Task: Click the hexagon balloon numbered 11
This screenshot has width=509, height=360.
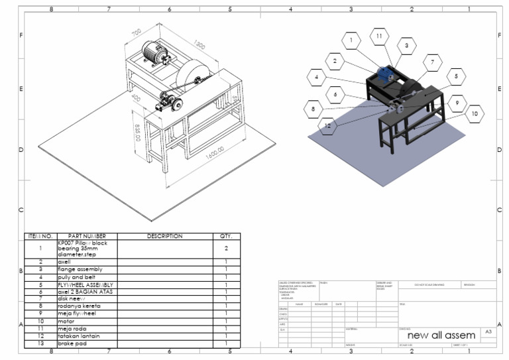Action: (378, 36)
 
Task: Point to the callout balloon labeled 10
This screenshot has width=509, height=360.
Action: (474, 114)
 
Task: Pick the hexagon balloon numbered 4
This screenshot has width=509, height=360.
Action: (318, 78)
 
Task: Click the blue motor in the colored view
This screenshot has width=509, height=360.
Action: (384, 74)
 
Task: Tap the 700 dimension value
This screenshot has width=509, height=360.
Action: (137, 32)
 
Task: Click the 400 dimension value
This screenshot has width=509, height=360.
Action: (135, 97)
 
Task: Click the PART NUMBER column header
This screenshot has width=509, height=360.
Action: (86, 236)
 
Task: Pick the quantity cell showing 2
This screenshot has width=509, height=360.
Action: (225, 249)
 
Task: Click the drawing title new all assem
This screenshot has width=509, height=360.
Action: (445, 335)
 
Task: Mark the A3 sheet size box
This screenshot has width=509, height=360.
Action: (488, 331)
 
